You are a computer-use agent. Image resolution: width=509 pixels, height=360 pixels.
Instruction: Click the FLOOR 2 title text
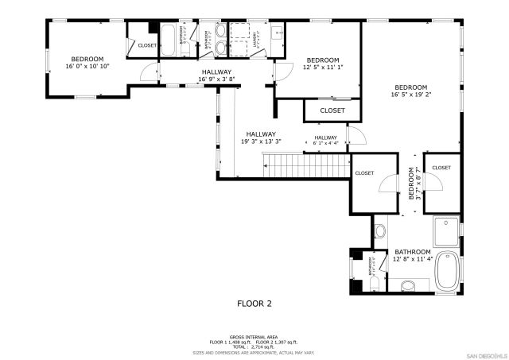[x=254, y=304]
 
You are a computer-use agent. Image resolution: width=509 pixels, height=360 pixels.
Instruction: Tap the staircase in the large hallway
[x=306, y=166]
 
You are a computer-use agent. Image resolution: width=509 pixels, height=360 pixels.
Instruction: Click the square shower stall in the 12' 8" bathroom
[x=445, y=230]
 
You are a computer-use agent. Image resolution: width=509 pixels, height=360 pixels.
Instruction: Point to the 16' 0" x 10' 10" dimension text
[x=87, y=67]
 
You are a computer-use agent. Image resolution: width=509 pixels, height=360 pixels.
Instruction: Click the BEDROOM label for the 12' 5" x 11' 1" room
[x=323, y=60]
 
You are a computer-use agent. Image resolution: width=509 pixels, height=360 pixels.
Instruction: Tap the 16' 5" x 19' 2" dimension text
[x=411, y=95]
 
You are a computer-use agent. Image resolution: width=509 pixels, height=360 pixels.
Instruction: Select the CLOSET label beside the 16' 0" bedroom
[x=147, y=45]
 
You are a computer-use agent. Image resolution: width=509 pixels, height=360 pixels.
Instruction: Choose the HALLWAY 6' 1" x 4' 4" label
[x=325, y=141]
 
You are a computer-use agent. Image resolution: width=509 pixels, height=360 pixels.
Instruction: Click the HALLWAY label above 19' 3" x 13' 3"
[x=260, y=134]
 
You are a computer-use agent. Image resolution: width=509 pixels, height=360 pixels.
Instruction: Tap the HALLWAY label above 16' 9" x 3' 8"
[x=216, y=72]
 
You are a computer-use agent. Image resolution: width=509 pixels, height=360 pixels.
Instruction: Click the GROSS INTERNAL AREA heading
[x=254, y=337]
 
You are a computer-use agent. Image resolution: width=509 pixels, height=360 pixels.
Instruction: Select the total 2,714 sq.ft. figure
[x=254, y=346]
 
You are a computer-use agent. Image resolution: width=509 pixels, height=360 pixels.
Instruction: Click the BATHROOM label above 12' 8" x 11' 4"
[x=412, y=251]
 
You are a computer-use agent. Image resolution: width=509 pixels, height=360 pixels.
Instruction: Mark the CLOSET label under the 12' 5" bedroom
[x=332, y=110]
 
